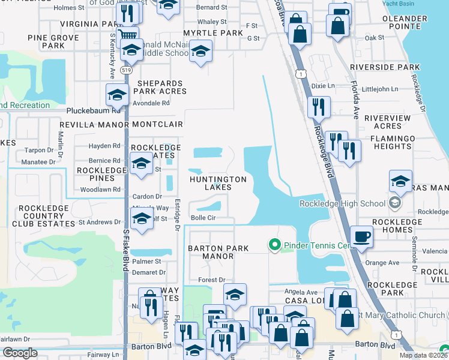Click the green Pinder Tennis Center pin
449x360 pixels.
coord(275,245)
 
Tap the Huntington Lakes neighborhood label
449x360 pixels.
coord(218,184)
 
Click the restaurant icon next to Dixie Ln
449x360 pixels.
coord(318,106)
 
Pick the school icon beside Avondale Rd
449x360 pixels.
coord(117,94)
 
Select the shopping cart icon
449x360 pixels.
coord(127,35)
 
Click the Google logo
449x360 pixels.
coord(20,353)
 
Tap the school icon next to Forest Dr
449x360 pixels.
coord(235,293)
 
